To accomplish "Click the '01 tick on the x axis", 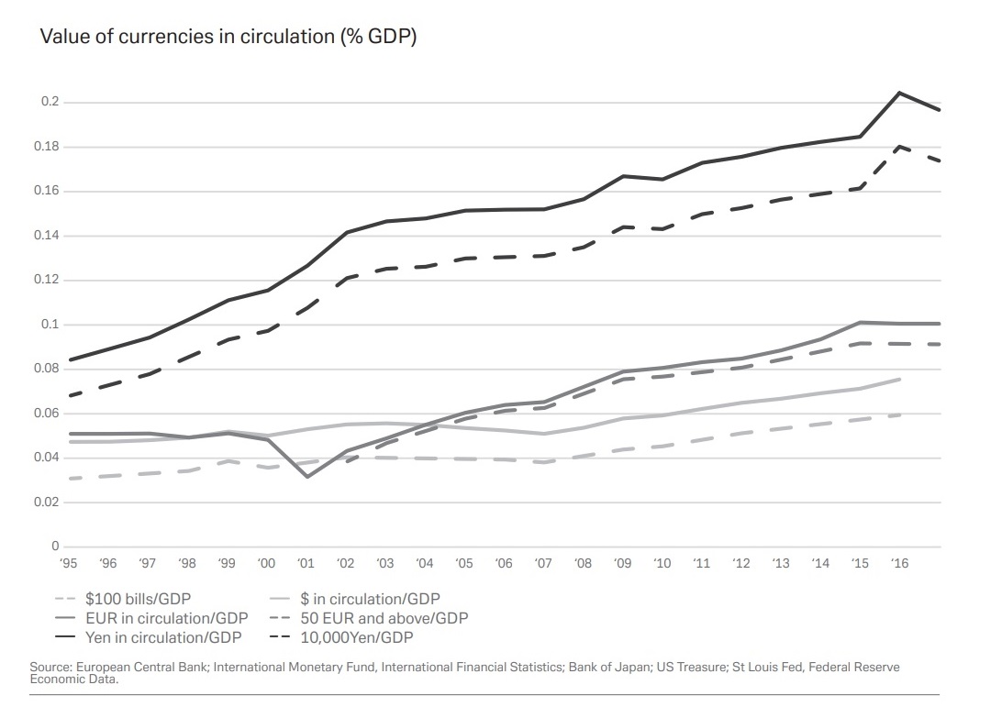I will pyautogui.click(x=306, y=563).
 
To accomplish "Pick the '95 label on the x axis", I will pyautogui.click(x=69, y=563).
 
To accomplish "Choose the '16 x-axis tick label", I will pyautogui.click(x=899, y=563).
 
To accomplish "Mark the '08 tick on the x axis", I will pyautogui.click(x=584, y=563).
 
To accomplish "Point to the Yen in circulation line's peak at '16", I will pyautogui.click(x=899, y=93).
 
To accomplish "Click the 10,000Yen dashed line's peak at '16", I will pyautogui.click(x=899, y=146).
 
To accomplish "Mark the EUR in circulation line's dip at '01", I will pyautogui.click(x=306, y=477).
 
